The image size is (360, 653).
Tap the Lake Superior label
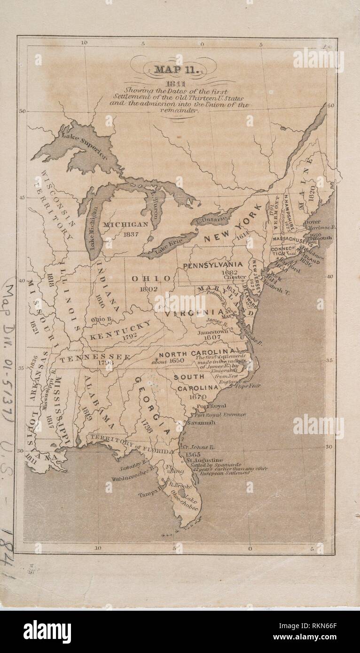point(84,146)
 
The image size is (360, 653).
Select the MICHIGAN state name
point(125,225)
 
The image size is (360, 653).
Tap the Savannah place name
point(201,423)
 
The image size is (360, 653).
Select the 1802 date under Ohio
point(149,289)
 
